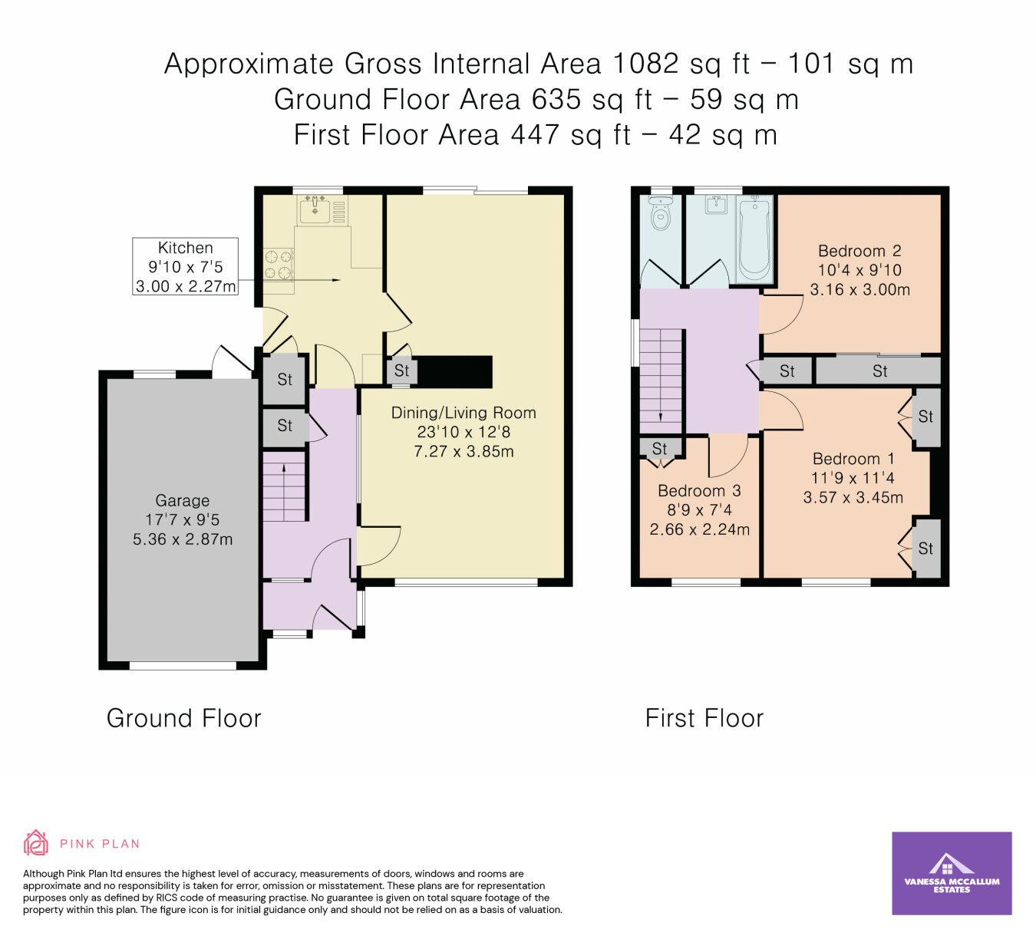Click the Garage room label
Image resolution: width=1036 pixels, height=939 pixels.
pos(183,500)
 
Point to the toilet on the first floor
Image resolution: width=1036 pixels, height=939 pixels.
pos(659,213)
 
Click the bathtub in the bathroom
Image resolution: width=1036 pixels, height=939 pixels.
pos(755,238)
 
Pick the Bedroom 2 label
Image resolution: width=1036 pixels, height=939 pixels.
pos(859,251)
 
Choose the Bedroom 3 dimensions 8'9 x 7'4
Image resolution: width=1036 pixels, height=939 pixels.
pos(699,510)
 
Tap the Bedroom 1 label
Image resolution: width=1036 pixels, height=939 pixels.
pos(853,459)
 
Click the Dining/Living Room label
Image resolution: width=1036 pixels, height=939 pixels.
pos(464,413)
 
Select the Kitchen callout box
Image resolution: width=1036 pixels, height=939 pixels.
pos(186,266)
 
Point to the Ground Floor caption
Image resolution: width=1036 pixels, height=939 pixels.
pos(184,719)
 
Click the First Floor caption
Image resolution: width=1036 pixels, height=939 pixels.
pos(704,719)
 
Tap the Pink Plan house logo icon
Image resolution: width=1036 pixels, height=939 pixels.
pos(35,843)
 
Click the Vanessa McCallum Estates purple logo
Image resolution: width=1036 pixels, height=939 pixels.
pos(952,873)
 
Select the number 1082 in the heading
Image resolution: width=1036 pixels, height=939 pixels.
pos(645,64)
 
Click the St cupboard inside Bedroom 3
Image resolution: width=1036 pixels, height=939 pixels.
pos(660,448)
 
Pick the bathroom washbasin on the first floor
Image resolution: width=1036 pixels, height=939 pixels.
pos(716,204)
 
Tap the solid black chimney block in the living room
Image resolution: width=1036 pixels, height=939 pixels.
pos(454,371)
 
